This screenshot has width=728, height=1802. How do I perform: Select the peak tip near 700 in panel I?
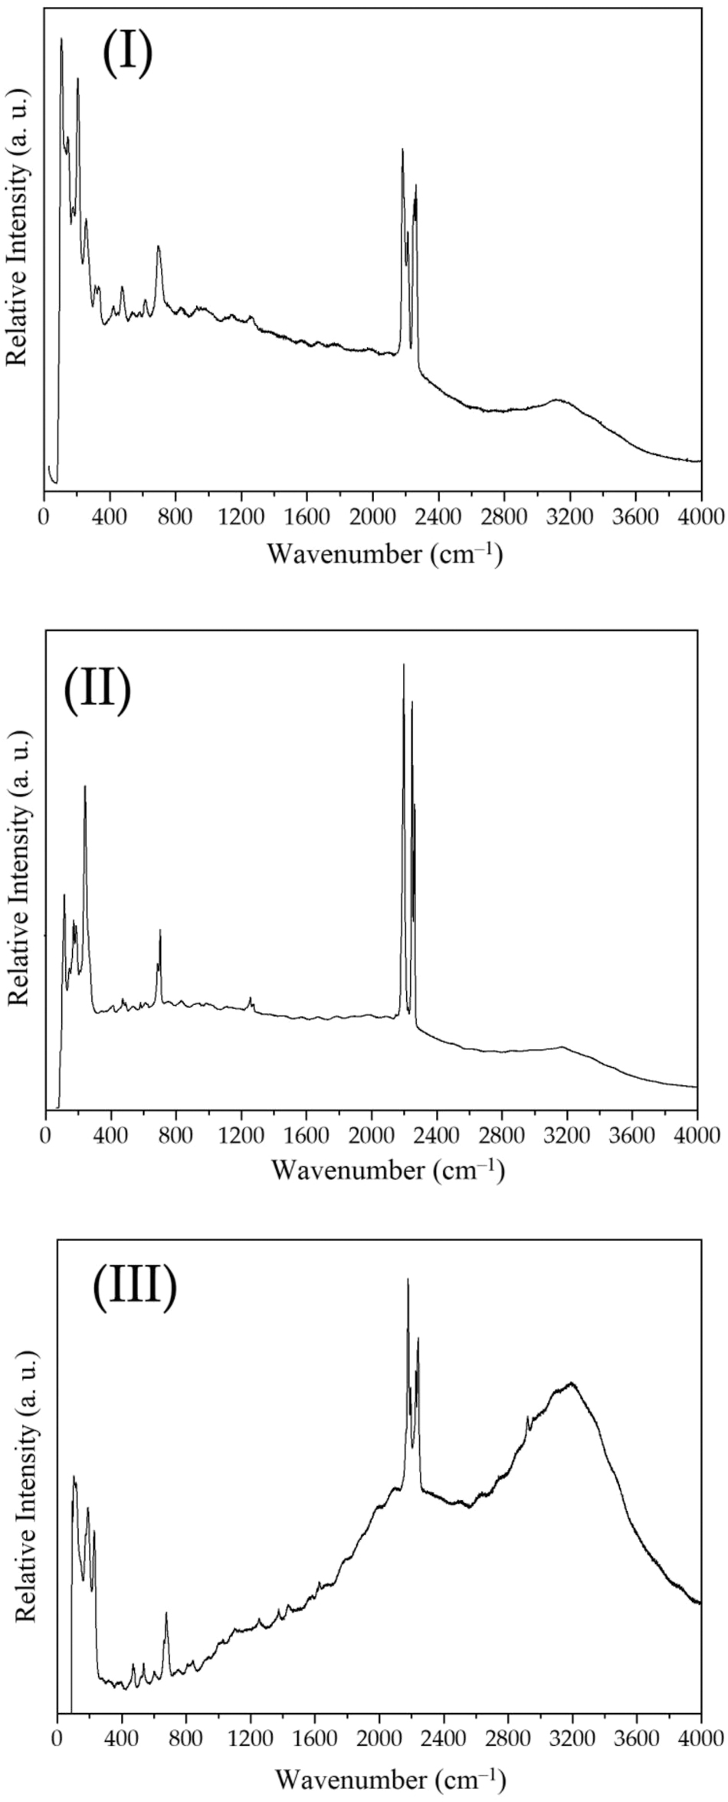(158, 246)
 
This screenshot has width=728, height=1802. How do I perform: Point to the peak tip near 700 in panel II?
(160, 930)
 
